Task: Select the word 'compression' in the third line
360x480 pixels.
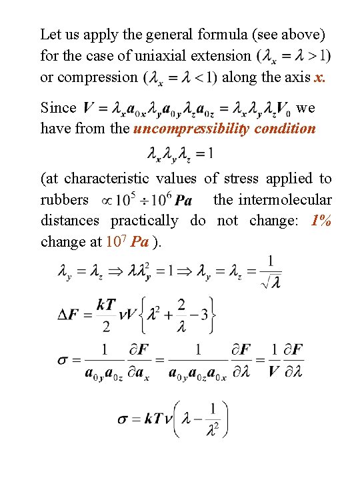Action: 89,77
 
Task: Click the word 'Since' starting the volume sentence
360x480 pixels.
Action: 59,107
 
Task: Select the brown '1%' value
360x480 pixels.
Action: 321,221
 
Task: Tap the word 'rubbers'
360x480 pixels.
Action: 64,199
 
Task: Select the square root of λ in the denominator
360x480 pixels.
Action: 271,282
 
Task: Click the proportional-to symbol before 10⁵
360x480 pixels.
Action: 105,200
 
